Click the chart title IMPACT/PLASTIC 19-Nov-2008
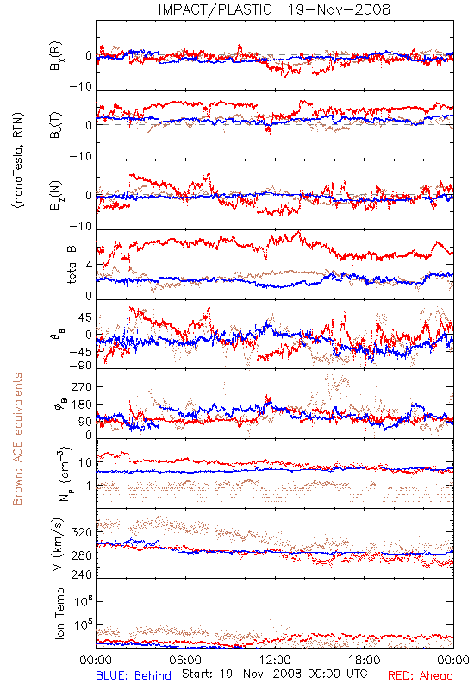point(274,9)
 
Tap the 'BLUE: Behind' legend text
point(134,676)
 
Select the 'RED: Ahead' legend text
point(420,676)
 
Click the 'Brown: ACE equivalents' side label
point(17,439)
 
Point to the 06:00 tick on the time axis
point(184,660)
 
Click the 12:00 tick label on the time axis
point(275,660)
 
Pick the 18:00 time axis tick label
point(365,660)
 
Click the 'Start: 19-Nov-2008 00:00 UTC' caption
point(274,674)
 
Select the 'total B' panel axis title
point(72,264)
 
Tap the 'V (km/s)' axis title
point(58,544)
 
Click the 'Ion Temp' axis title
point(59,613)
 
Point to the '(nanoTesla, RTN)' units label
point(18,160)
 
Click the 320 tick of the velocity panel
point(82,532)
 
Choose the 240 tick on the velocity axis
point(82,574)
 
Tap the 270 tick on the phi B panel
point(82,386)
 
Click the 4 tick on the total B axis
point(89,266)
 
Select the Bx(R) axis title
point(56,56)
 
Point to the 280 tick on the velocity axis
point(82,555)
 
